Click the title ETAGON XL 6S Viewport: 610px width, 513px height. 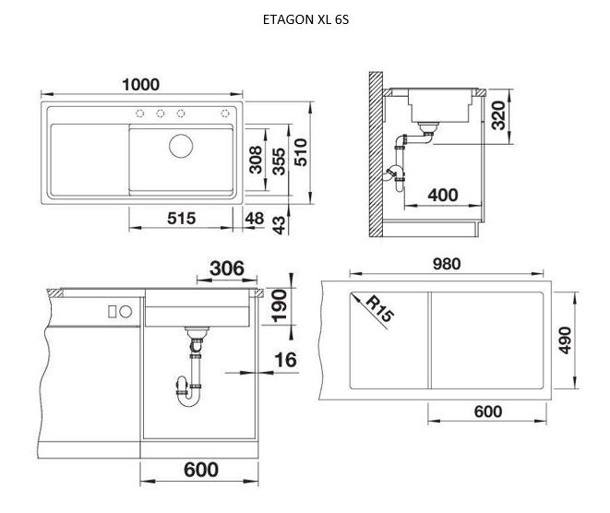pyautogui.click(x=305, y=19)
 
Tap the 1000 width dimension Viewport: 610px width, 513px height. pyautogui.click(x=141, y=84)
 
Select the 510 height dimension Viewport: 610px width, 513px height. pyautogui.click(x=301, y=152)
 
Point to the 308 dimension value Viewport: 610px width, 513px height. pyautogui.click(x=256, y=160)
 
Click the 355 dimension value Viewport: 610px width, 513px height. pyautogui.click(x=279, y=161)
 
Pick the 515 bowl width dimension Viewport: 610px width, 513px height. pyautogui.click(x=181, y=218)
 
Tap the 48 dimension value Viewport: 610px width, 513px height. pyautogui.click(x=255, y=218)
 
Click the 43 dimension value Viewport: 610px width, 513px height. pyautogui.click(x=279, y=225)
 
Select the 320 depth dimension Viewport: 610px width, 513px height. pyautogui.click(x=498, y=115)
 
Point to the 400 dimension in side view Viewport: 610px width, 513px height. pyautogui.click(x=443, y=195)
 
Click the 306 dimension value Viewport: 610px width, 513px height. pyautogui.click(x=227, y=268)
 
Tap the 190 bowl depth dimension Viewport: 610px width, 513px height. pyautogui.click(x=279, y=305)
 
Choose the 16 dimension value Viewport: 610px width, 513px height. pyautogui.click(x=285, y=360)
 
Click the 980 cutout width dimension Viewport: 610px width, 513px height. pyautogui.click(x=447, y=264)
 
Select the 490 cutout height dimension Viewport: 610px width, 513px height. pyautogui.click(x=565, y=340)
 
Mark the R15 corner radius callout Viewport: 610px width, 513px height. pyautogui.click(x=379, y=308)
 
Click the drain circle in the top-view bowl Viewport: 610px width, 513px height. pyautogui.click(x=181, y=146)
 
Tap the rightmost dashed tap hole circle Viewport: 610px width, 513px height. pyautogui.click(x=225, y=113)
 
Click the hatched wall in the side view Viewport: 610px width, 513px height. pyautogui.click(x=376, y=154)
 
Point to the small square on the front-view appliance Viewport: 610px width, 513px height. pyautogui.click(x=113, y=312)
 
